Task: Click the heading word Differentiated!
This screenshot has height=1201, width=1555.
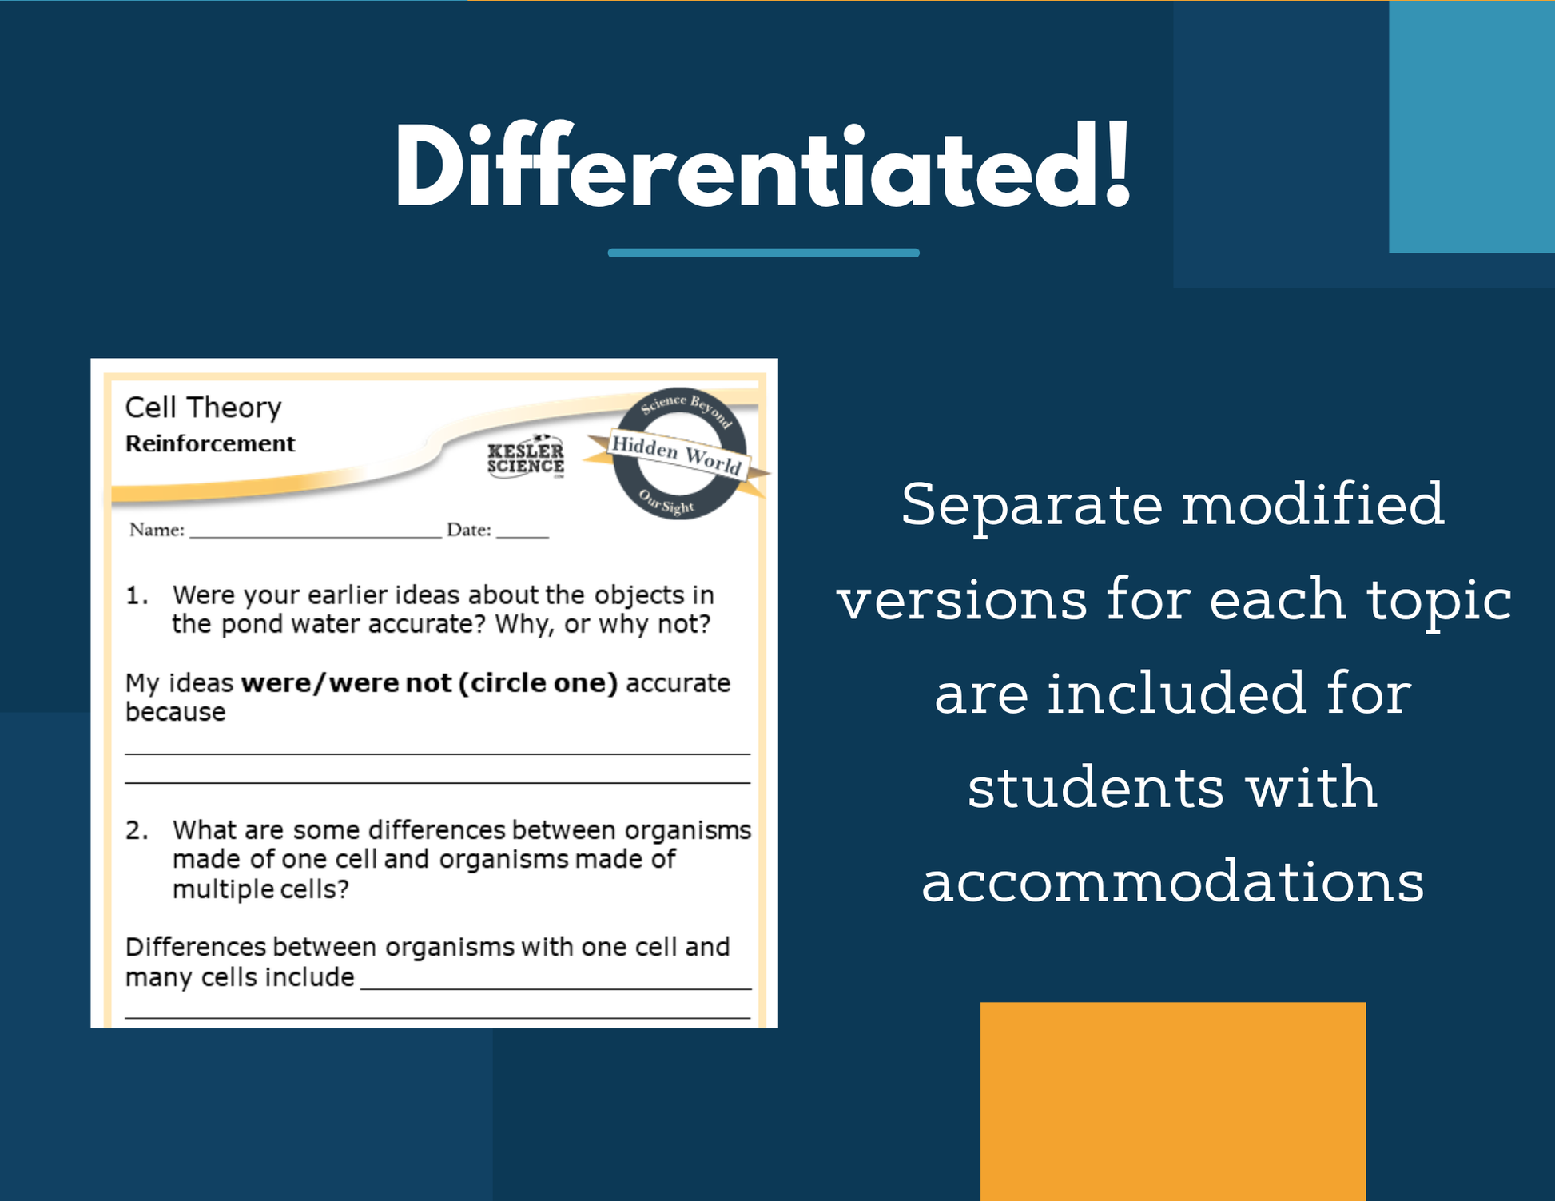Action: coord(763,167)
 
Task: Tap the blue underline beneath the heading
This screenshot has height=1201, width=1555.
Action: coord(763,253)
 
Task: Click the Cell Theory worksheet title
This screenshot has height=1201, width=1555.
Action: coord(203,408)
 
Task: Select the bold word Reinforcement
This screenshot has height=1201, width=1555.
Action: coord(210,443)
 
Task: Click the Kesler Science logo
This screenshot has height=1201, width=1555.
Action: coord(526,458)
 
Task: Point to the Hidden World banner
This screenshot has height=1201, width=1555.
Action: coord(676,454)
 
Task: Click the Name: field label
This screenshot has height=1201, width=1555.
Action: coord(157,530)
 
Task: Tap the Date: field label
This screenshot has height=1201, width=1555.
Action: coord(469,530)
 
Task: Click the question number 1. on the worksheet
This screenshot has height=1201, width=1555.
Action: coord(137,595)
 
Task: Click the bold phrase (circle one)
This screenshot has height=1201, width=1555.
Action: coord(538,683)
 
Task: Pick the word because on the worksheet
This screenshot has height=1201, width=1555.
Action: coord(175,711)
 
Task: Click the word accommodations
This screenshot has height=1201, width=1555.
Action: coord(1172,881)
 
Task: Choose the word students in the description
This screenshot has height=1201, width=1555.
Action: coord(1096,787)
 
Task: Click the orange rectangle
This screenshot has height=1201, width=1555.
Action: coord(1173,1101)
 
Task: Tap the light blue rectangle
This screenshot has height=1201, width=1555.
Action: coord(1472,126)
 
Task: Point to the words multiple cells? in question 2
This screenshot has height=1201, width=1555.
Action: coord(260,889)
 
